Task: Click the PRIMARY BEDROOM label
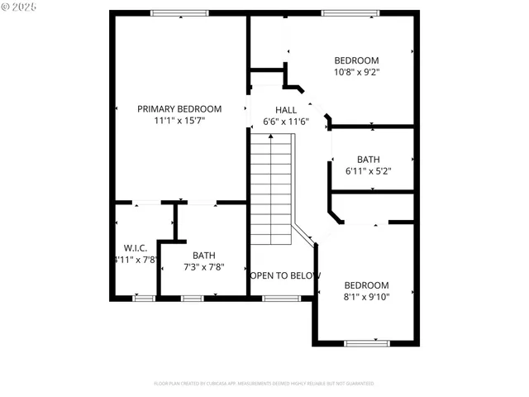[x=179, y=109]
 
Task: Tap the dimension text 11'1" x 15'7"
[x=179, y=121]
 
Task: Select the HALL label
[x=286, y=109]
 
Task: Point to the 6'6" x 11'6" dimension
[x=286, y=122]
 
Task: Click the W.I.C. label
[x=136, y=247]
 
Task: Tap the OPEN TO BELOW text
[x=285, y=275]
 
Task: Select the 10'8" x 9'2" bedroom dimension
[x=356, y=72]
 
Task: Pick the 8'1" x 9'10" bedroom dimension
[x=366, y=297]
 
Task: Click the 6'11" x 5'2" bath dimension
[x=368, y=171]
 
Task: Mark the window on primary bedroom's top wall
[x=179, y=12]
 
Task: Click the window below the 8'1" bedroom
[x=367, y=342]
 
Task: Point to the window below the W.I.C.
[x=145, y=298]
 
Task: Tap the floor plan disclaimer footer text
[x=264, y=384]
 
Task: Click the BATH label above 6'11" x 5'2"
[x=368, y=160]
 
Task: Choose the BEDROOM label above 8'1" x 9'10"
[x=366, y=285]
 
